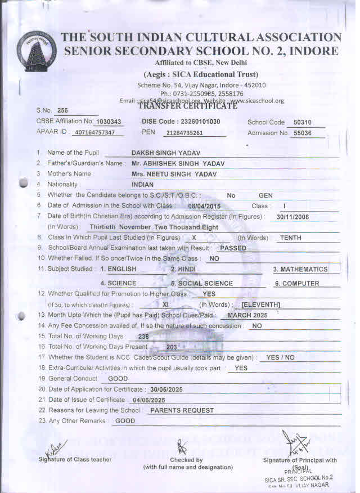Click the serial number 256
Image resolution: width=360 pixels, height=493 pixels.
point(62,110)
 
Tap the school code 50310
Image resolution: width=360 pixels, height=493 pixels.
point(299,122)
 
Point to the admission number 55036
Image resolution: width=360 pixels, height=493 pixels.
point(299,133)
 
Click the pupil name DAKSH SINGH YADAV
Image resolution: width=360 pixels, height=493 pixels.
point(166,153)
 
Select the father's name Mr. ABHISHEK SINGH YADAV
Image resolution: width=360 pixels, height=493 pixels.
point(174,163)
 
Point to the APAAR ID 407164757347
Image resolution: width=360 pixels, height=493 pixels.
point(98,133)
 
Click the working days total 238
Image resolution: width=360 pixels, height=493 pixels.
point(143,337)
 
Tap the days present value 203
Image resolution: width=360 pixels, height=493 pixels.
point(172,347)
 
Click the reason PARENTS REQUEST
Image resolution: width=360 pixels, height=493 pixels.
point(182,411)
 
